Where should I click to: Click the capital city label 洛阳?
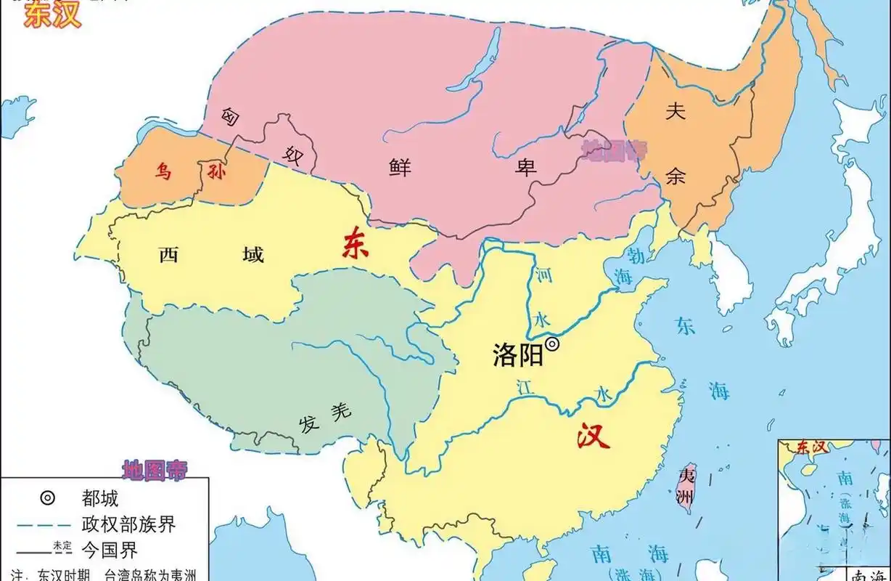pyautogui.click(x=518, y=356)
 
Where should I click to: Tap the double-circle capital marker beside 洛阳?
pyautogui.click(x=552, y=345)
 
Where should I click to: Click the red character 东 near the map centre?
pyautogui.click(x=356, y=244)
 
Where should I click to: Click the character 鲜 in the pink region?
pyautogui.click(x=398, y=168)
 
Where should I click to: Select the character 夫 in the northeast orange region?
pyautogui.click(x=676, y=110)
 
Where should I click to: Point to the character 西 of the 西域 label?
pyautogui.click(x=168, y=254)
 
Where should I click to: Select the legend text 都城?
pyautogui.click(x=100, y=498)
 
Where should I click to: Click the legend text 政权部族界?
pyautogui.click(x=129, y=524)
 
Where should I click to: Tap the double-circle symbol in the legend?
pyautogui.click(x=47, y=498)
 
